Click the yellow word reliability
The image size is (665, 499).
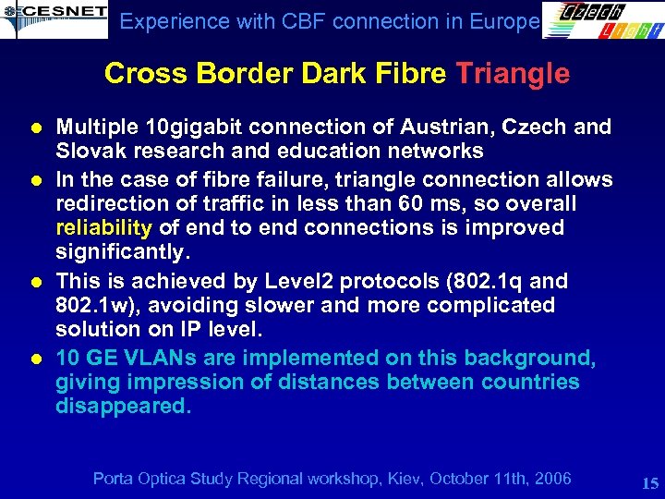point(103,227)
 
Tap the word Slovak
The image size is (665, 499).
point(87,151)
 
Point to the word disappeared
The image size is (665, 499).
point(123,407)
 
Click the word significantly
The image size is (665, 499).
point(123,251)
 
